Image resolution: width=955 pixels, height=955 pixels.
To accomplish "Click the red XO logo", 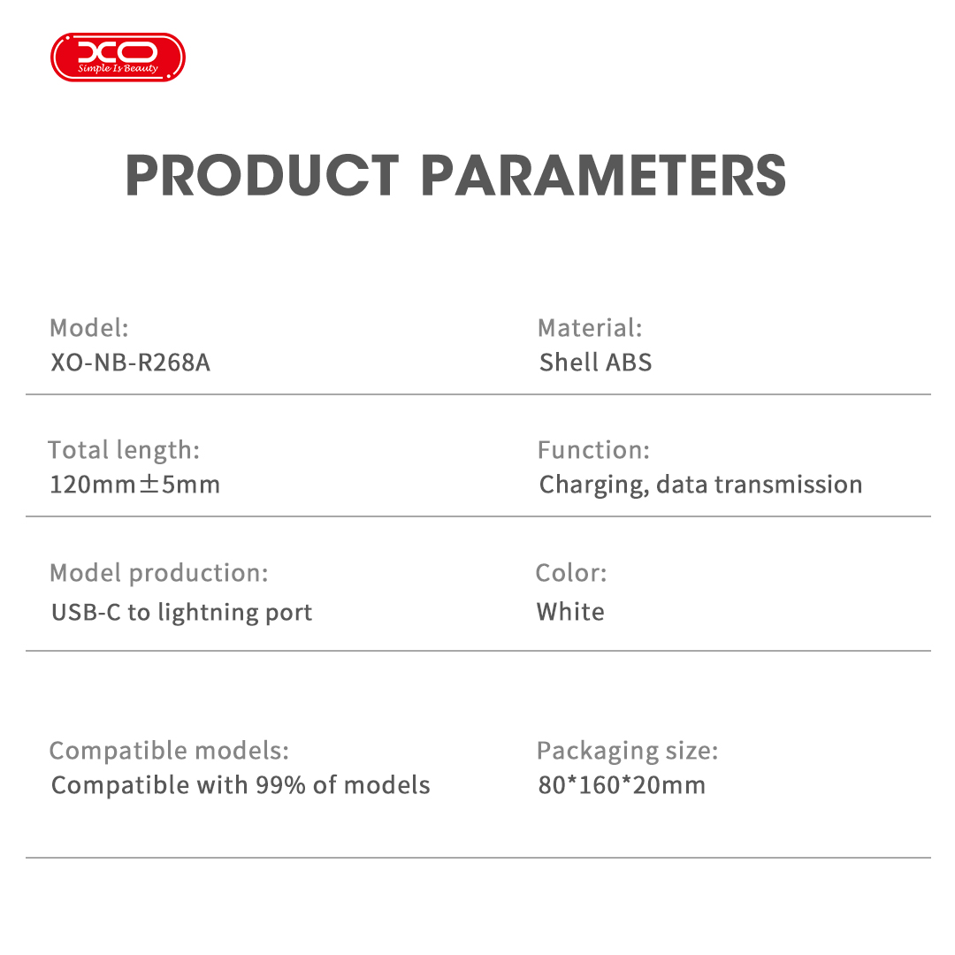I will tap(118, 57).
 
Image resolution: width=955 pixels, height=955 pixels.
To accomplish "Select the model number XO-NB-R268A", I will tap(131, 363).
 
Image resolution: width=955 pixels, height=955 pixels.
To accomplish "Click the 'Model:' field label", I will tap(88, 328).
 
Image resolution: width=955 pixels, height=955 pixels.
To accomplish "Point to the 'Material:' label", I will tap(590, 328).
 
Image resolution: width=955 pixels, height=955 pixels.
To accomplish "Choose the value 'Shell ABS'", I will tap(595, 363).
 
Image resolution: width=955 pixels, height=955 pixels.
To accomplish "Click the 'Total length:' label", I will tap(124, 450).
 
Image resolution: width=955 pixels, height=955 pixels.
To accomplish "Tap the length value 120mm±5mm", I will tap(134, 485).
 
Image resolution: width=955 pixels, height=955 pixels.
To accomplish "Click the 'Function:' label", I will tap(593, 450).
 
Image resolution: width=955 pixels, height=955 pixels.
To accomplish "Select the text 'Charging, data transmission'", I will tap(700, 485).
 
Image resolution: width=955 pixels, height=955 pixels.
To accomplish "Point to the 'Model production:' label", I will tap(158, 573).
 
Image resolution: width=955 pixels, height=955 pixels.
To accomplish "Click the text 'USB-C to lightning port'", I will tap(181, 612).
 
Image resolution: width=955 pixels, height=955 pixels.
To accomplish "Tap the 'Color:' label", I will tap(571, 573).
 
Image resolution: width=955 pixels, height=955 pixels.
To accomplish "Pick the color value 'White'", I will tap(570, 612).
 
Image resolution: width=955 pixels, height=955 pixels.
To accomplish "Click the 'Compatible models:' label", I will tap(169, 751).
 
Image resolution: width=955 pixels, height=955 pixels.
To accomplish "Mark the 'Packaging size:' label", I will tap(627, 751).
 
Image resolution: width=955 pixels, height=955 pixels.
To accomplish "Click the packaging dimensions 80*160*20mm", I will tap(622, 785).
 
